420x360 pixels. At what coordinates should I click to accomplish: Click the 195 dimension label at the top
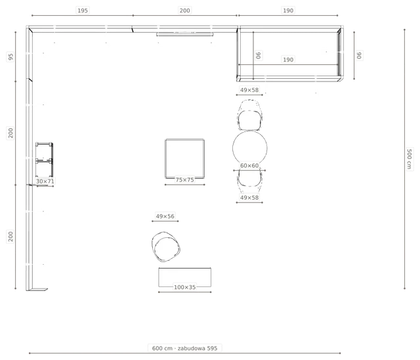[83, 11]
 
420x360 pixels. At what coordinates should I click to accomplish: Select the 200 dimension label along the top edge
[184, 11]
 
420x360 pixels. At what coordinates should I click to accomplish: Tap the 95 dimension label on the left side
[10, 57]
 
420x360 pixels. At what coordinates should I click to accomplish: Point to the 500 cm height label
[409, 159]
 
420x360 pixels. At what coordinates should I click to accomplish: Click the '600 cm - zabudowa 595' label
[184, 348]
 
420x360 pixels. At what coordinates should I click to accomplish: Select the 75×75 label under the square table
[184, 180]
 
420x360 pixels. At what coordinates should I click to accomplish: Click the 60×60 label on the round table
[249, 166]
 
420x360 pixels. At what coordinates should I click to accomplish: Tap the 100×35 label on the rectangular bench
[184, 287]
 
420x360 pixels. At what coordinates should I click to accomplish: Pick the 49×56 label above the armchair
[165, 216]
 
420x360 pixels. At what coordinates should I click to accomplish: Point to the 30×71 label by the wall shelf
[45, 181]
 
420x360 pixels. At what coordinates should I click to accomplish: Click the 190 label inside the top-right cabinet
[288, 60]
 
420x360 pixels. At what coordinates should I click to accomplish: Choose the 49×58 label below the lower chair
[249, 198]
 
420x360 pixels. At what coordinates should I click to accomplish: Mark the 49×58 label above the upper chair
[249, 90]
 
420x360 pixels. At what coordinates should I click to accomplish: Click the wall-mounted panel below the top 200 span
[185, 34]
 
